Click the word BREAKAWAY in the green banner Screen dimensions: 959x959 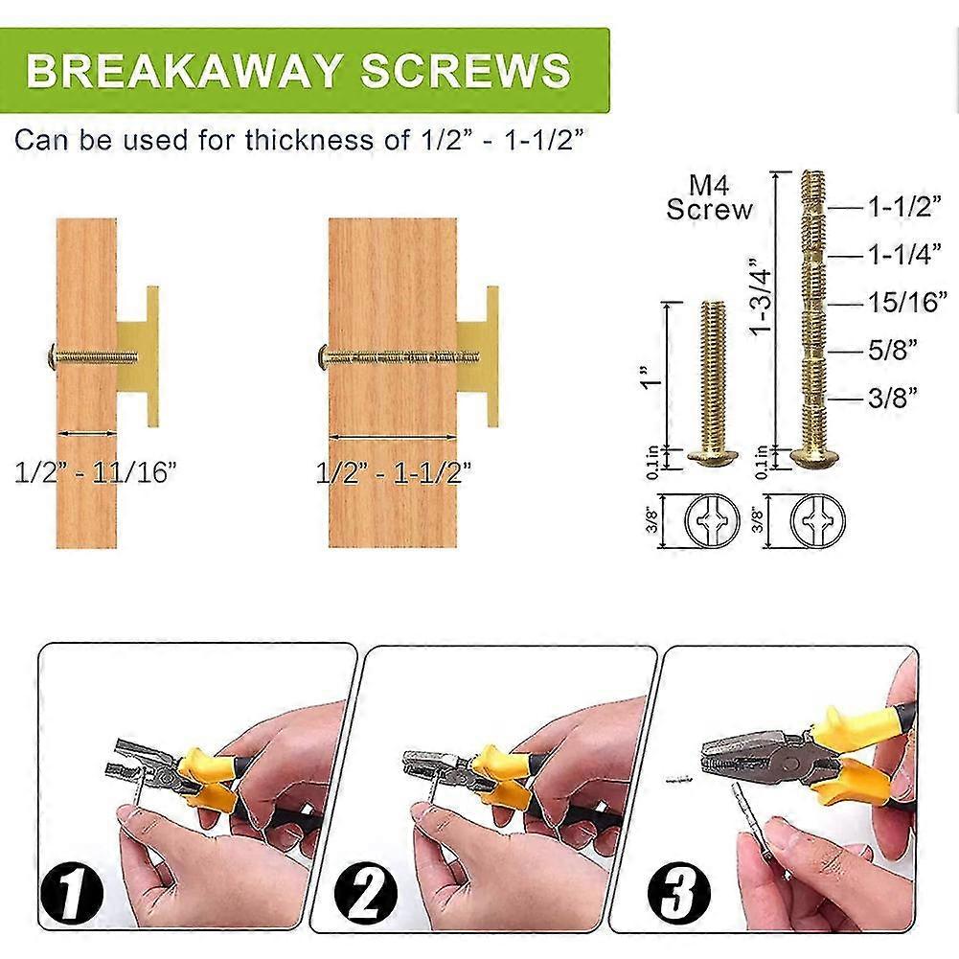click(182, 70)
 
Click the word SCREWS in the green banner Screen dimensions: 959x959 click(466, 70)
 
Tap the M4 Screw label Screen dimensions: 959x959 click(710, 197)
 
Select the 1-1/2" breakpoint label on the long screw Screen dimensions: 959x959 click(904, 207)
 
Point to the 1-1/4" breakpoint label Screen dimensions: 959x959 click(904, 254)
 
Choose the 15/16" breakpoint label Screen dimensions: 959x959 click(907, 302)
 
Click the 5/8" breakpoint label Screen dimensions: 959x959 click(893, 350)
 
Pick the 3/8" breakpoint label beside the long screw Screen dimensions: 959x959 click(893, 398)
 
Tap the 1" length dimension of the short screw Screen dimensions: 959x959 click(652, 375)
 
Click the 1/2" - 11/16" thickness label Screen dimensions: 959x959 click(96, 472)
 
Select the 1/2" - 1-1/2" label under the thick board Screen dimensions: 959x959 click(394, 472)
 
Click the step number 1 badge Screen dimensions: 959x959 click(72, 892)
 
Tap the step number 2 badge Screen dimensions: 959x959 click(366, 890)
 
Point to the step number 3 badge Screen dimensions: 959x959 click(679, 891)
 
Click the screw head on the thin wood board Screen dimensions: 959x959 click(52, 356)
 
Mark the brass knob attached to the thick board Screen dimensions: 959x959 click(478, 356)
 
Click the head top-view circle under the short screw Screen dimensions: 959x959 click(712, 520)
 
